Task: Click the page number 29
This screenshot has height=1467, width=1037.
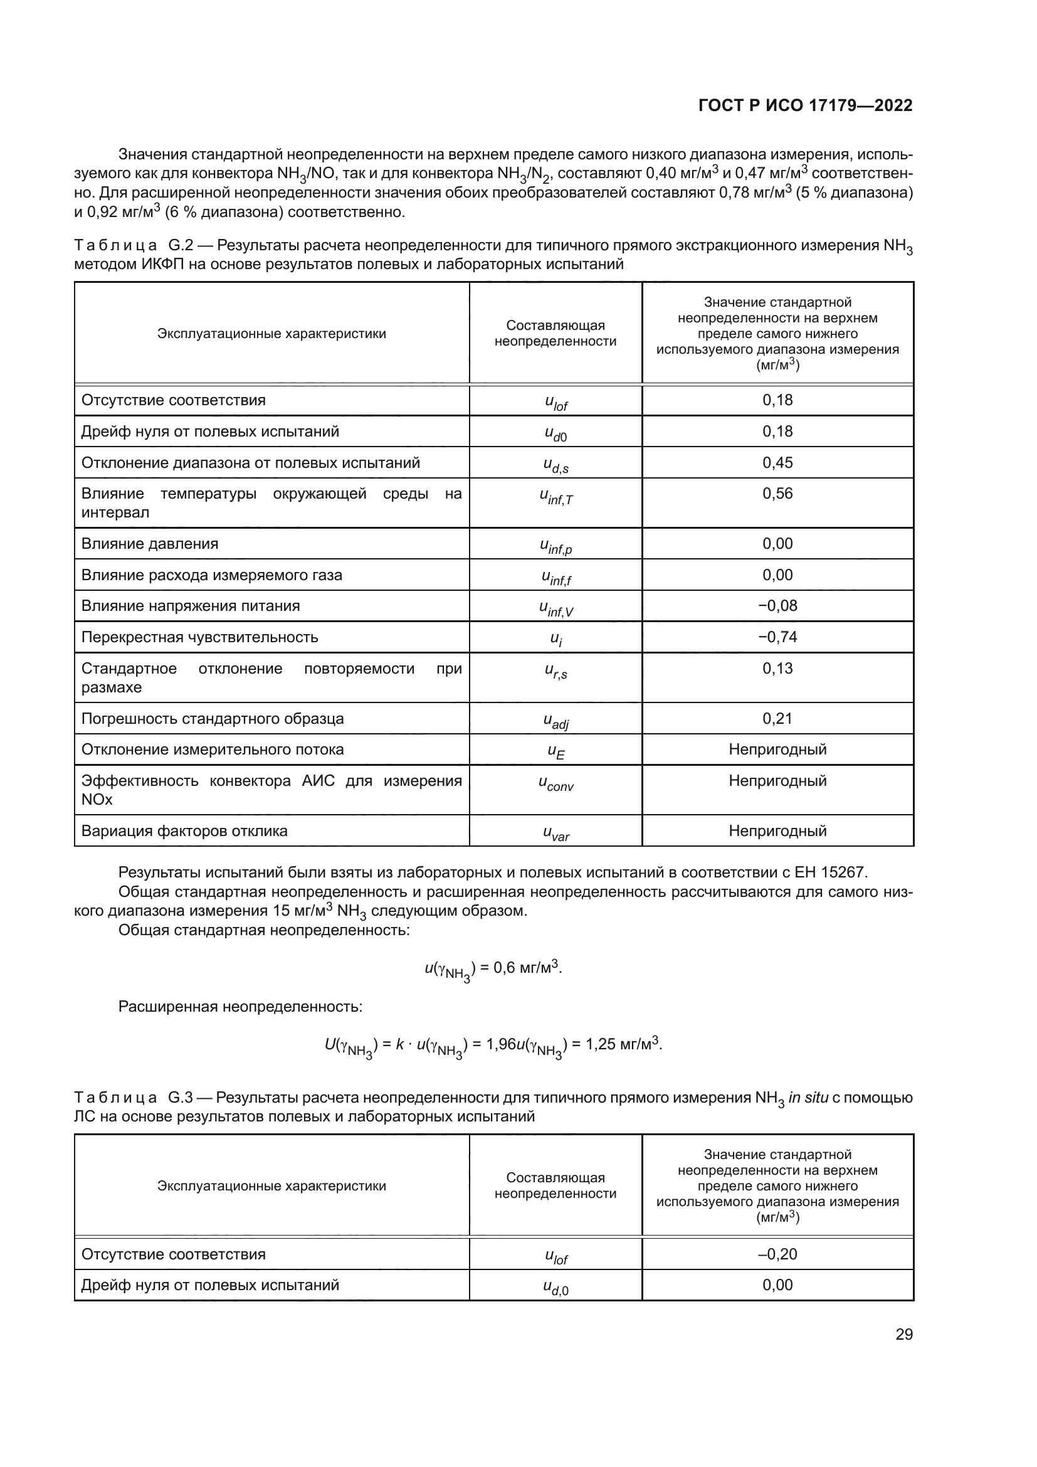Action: (903, 1334)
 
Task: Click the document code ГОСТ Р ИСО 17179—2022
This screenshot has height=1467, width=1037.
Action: (805, 106)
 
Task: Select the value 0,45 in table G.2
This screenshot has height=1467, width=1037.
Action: (777, 463)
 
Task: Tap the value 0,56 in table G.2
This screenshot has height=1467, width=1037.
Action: (777, 493)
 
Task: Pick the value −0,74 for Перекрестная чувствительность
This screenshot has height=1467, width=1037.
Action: (777, 637)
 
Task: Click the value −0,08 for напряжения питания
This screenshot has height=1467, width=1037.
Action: (777, 606)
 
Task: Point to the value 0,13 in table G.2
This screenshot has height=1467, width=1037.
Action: (777, 669)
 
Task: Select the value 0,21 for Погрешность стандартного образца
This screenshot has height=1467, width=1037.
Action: (777, 718)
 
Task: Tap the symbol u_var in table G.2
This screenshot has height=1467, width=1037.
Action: (555, 832)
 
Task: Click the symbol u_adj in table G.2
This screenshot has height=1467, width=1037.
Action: (555, 721)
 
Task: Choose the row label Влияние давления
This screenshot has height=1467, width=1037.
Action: (149, 544)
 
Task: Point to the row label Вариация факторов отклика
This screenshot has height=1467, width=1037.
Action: (184, 831)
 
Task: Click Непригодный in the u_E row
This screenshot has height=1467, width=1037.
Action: (777, 749)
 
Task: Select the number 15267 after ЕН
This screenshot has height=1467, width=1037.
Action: (844, 873)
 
